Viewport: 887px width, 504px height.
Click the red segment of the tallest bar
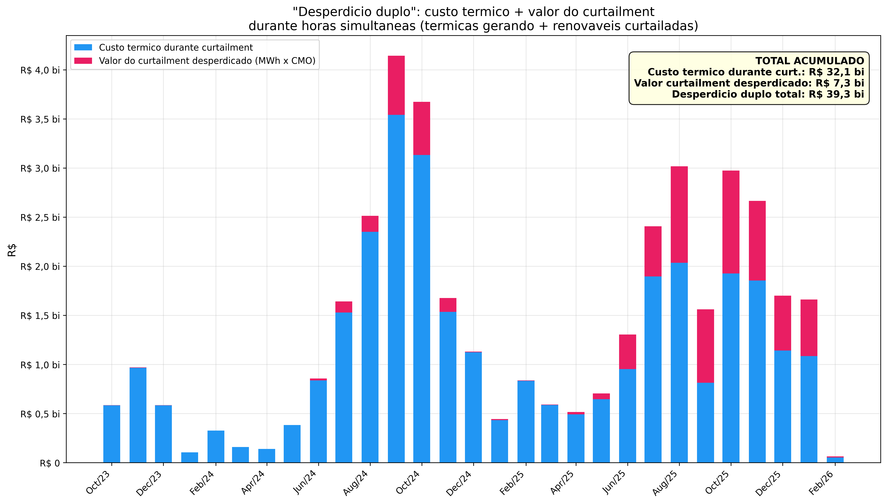pos(396,85)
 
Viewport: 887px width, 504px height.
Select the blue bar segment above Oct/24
pos(422,308)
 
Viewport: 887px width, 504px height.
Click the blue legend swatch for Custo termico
pos(83,47)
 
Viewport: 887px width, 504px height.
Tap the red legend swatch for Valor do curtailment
pos(83,61)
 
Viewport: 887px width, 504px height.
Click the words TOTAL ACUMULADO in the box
pos(810,61)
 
